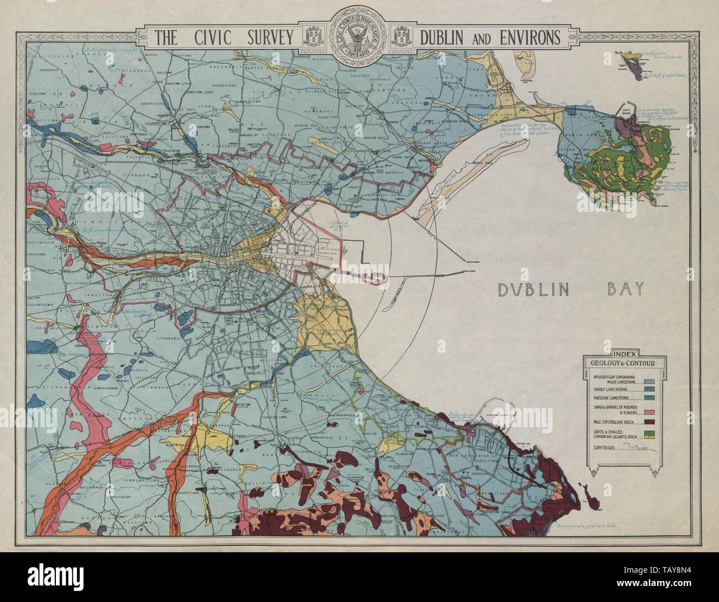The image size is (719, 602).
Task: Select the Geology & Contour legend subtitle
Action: coord(624,363)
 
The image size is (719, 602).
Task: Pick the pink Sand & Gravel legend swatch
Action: coord(650,412)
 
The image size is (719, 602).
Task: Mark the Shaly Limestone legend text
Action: coord(610,390)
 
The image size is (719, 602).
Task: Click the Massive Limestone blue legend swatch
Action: coord(650,398)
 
